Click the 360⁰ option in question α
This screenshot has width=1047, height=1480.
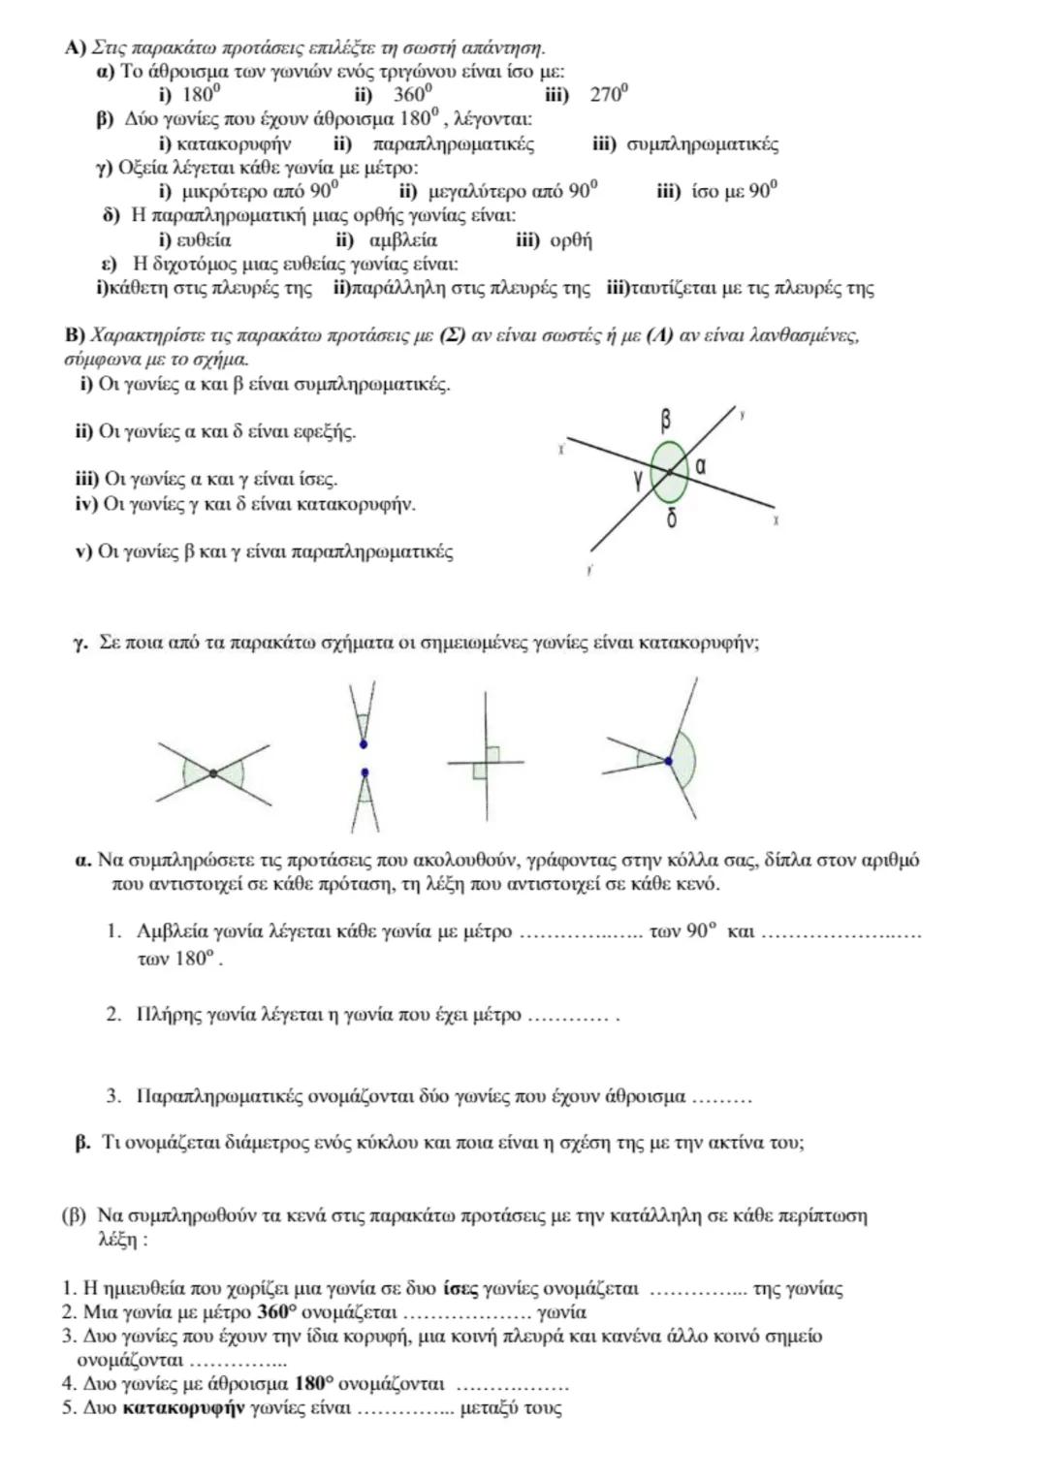click(412, 94)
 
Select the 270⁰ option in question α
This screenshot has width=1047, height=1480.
click(610, 94)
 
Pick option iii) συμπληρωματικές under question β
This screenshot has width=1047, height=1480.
click(684, 144)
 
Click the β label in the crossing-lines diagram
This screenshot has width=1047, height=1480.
click(666, 421)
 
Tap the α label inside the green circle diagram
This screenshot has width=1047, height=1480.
click(700, 466)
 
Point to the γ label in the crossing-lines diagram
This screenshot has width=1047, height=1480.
click(638, 476)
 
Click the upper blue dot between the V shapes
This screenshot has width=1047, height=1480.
click(364, 744)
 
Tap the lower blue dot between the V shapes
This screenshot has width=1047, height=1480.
click(365, 772)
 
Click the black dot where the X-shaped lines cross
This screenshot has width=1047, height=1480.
click(213, 772)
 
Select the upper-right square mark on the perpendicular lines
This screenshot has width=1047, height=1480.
click(492, 753)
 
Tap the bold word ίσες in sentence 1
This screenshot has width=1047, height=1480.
click(460, 1289)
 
